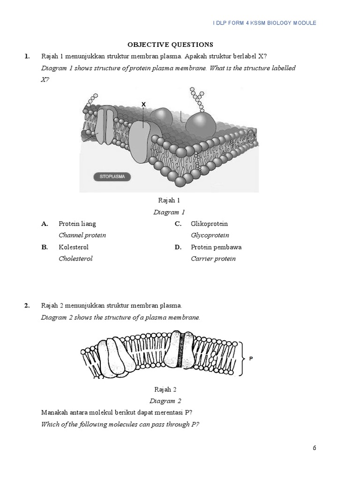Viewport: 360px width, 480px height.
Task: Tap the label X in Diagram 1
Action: click(143, 104)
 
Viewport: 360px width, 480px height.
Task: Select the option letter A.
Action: click(45, 224)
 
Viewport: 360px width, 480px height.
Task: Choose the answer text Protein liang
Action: click(77, 224)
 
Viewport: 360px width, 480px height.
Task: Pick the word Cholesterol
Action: click(75, 259)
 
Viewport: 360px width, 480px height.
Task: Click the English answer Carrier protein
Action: click(213, 259)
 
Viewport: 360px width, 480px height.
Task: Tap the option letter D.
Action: click(178, 247)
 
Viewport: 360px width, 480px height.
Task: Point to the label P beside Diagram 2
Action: click(251, 359)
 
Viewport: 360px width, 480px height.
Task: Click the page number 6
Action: click(315, 448)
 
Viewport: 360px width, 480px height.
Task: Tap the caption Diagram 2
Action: click(165, 401)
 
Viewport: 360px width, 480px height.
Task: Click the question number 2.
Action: click(27, 306)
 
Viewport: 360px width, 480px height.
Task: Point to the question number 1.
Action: click(27, 56)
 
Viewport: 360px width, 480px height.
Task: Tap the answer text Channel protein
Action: click(82, 235)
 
